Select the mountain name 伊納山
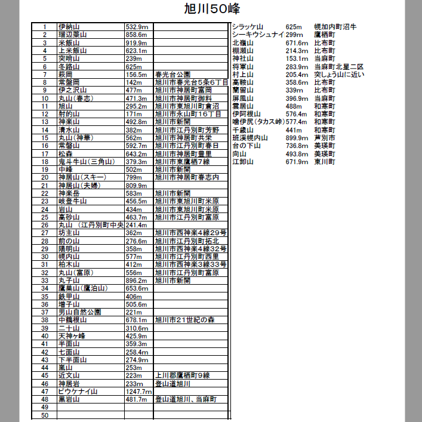69,27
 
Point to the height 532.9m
136,27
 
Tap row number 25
44,217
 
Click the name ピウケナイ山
78,391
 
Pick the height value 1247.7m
139,391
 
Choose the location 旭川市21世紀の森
184,320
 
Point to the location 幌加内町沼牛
335,27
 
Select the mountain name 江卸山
243,162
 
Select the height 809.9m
137,185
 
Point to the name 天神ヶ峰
72,335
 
